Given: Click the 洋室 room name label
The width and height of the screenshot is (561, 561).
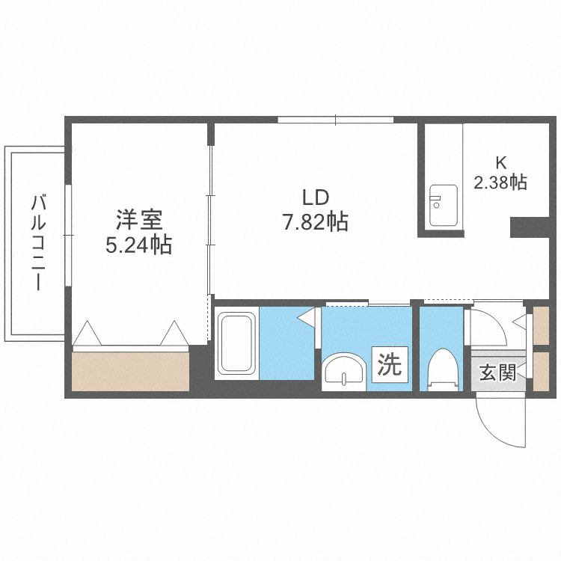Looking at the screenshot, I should click(x=139, y=221).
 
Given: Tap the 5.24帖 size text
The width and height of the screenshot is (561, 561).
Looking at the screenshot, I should click(x=139, y=245).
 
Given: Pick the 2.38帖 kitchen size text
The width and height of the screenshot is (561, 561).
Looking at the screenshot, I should click(x=500, y=182).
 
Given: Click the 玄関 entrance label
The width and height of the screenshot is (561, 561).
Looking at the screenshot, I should click(x=497, y=373).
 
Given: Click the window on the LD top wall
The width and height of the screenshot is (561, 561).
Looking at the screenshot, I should click(x=335, y=120).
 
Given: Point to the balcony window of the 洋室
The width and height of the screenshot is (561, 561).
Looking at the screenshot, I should click(x=68, y=236).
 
